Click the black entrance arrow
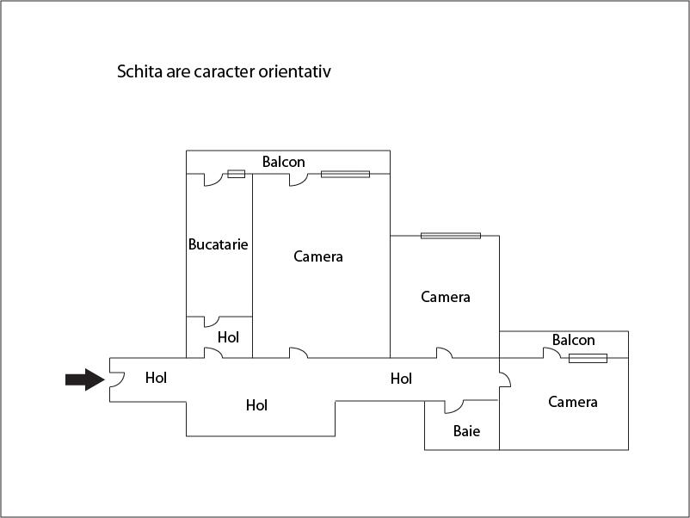tap(85, 379)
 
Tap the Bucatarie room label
tap(219, 244)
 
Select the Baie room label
tap(466, 431)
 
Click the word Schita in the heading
tap(139, 71)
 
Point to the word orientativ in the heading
tap(294, 71)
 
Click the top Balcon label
tap(283, 162)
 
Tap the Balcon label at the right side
tap(573, 340)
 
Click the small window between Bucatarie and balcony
tap(237, 174)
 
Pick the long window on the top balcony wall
tap(346, 174)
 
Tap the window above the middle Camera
tap(451, 236)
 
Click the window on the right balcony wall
tap(588, 358)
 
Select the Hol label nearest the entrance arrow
tap(156, 378)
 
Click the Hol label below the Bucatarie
tap(228, 337)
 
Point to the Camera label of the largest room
tap(318, 256)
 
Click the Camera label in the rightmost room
tap(573, 402)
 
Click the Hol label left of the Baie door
tap(401, 379)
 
